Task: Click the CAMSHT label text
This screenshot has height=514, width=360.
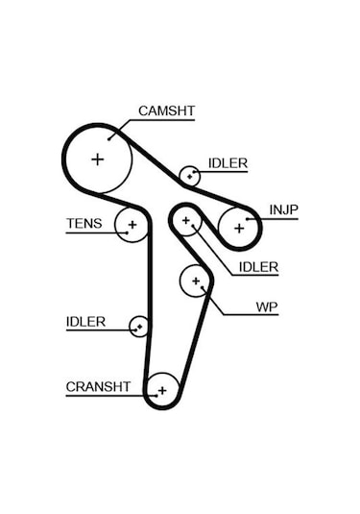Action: (x=166, y=111)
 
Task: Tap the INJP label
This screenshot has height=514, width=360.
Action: (x=283, y=209)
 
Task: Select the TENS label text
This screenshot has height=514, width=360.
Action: (x=83, y=225)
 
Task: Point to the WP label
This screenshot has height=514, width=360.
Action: (x=266, y=308)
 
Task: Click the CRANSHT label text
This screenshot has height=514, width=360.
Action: (x=97, y=387)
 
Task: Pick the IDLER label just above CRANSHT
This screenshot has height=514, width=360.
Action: (x=85, y=322)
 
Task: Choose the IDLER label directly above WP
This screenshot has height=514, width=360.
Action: (x=258, y=267)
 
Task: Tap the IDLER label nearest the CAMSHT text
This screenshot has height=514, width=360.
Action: (x=228, y=164)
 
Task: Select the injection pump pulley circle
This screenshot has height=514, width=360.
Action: (x=238, y=228)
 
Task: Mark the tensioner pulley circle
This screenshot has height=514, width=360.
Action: (x=132, y=226)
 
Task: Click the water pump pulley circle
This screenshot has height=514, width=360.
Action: (x=196, y=281)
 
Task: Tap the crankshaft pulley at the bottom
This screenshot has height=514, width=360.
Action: (x=162, y=389)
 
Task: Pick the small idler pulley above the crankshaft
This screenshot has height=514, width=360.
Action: (x=139, y=327)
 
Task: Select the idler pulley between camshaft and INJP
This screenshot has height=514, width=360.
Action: (x=190, y=176)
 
